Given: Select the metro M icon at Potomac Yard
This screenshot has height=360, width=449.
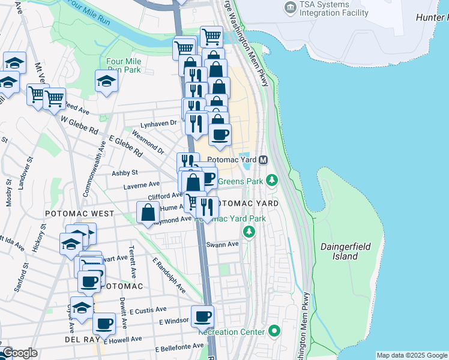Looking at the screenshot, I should [263, 160].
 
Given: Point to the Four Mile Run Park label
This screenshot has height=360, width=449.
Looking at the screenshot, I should [123, 65].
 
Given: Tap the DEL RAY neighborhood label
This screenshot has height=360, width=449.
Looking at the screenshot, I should [77, 340].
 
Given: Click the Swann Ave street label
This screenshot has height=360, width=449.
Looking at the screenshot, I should [222, 244].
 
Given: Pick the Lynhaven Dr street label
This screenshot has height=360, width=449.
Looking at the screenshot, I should [158, 124].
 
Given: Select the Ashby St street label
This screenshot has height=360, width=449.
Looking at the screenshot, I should [125, 172].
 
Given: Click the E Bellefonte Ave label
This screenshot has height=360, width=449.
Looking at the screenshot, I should [179, 347].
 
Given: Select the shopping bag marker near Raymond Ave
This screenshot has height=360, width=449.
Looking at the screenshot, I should [148, 212].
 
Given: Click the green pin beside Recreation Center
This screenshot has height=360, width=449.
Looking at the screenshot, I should [274, 331].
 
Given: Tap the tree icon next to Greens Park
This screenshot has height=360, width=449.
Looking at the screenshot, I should [272, 180].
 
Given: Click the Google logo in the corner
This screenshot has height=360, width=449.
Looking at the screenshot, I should [20, 353].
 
